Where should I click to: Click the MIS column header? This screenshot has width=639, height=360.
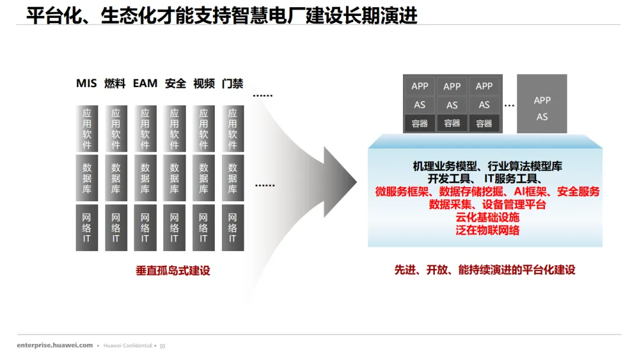click(x=86, y=83)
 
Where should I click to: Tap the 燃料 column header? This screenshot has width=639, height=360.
click(x=115, y=83)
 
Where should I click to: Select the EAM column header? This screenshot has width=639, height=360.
click(x=145, y=83)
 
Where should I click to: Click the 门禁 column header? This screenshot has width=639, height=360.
click(x=233, y=83)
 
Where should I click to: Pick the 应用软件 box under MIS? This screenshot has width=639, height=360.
click(x=87, y=128)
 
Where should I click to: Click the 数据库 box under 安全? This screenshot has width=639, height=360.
click(x=175, y=178)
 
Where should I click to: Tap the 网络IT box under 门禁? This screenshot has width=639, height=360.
click(x=233, y=228)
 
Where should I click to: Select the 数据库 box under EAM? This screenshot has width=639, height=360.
click(x=145, y=178)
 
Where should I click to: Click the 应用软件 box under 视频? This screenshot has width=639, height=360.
click(x=204, y=128)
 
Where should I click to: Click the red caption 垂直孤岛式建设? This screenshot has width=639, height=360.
click(x=173, y=271)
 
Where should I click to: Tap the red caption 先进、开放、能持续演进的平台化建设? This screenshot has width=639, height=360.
click(x=485, y=270)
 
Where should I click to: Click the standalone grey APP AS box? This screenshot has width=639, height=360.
click(x=542, y=104)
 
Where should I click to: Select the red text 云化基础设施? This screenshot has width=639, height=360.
click(x=488, y=217)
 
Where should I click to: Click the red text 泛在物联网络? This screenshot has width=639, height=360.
click(x=488, y=230)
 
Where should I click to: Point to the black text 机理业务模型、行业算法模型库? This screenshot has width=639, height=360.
click(x=488, y=166)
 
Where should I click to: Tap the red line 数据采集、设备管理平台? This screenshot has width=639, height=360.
click(x=488, y=204)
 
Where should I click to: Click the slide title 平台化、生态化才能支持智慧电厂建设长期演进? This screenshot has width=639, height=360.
click(x=222, y=15)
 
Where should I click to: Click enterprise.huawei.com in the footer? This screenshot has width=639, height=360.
click(x=55, y=345)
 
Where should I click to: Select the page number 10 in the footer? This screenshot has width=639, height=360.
click(x=163, y=346)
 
